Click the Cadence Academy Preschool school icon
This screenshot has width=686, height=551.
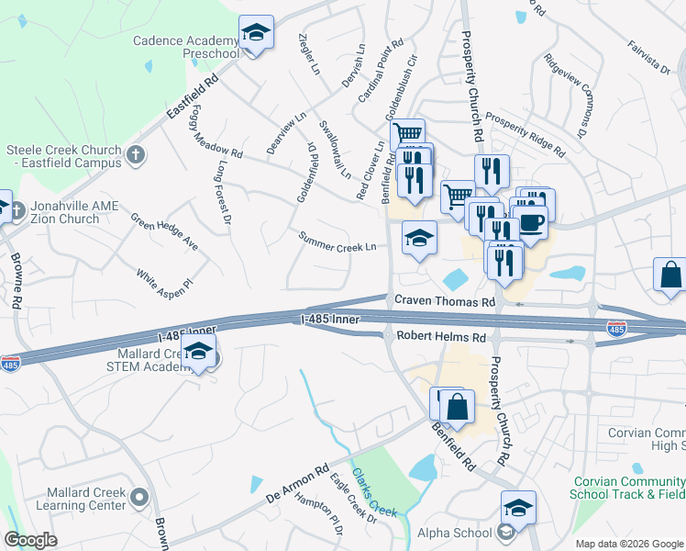(257, 35)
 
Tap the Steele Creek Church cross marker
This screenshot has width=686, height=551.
(135, 155)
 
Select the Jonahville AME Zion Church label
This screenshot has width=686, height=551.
(63, 212)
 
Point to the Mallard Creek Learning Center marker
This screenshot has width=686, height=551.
(139, 498)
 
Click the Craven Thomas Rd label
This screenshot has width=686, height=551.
(445, 300)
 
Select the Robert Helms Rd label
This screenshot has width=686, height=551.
(440, 337)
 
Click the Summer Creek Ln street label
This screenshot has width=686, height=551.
(337, 242)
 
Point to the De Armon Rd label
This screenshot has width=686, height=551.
(297, 481)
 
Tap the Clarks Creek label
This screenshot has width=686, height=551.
(378, 495)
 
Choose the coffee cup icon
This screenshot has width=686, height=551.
(531, 222)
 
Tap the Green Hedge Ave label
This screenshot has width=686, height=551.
(163, 232)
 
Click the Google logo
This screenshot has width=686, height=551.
(30, 540)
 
